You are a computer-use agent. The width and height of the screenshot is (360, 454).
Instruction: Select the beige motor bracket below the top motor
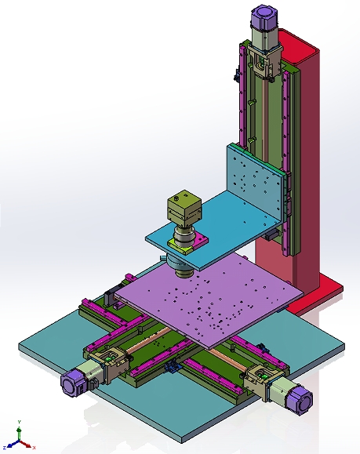(262, 63)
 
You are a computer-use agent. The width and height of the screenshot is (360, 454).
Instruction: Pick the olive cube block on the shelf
(184, 209)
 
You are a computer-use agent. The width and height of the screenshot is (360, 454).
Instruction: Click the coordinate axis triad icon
(19, 440)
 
